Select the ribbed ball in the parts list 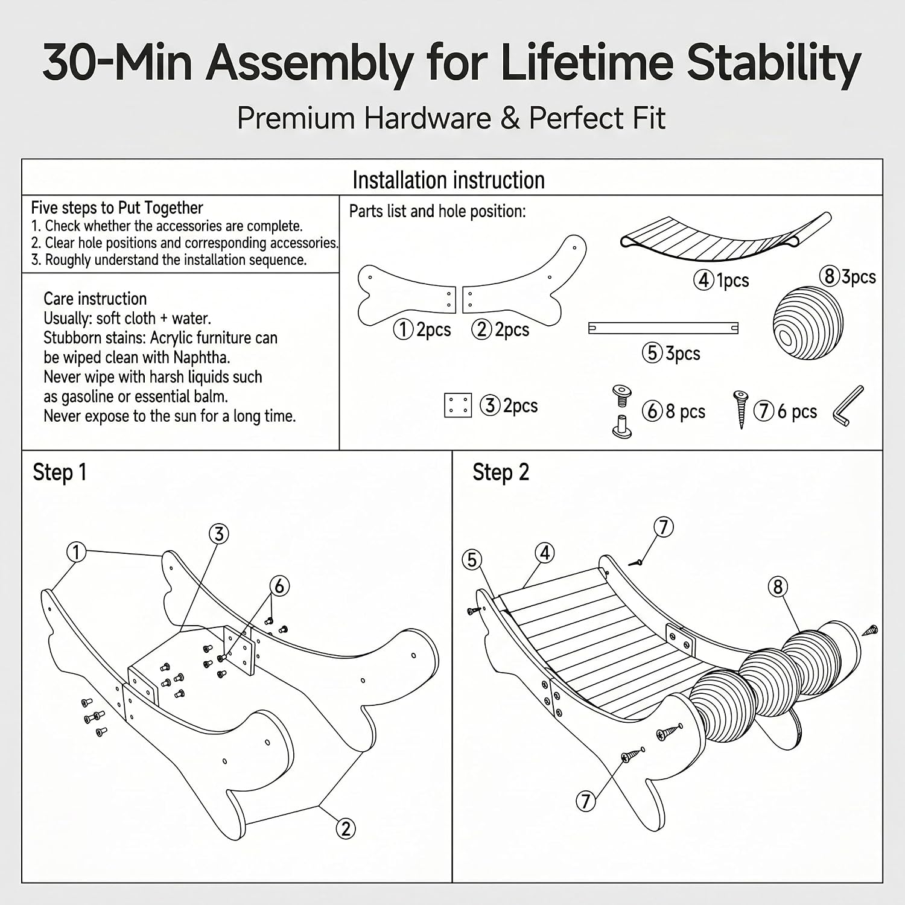point(808,323)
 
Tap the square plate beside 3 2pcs point(457,405)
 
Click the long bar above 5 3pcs point(663,328)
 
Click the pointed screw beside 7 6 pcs point(740,409)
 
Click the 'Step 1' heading point(60,472)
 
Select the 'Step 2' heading point(501,472)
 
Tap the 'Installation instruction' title point(448,180)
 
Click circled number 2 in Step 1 point(345,828)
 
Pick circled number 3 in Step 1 point(219,533)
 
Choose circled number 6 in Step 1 point(279,585)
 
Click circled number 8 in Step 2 point(778,586)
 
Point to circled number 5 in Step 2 point(472,560)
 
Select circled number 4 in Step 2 point(545,553)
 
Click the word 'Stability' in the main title point(774,63)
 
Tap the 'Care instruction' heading point(95,299)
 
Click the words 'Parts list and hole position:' point(437,211)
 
